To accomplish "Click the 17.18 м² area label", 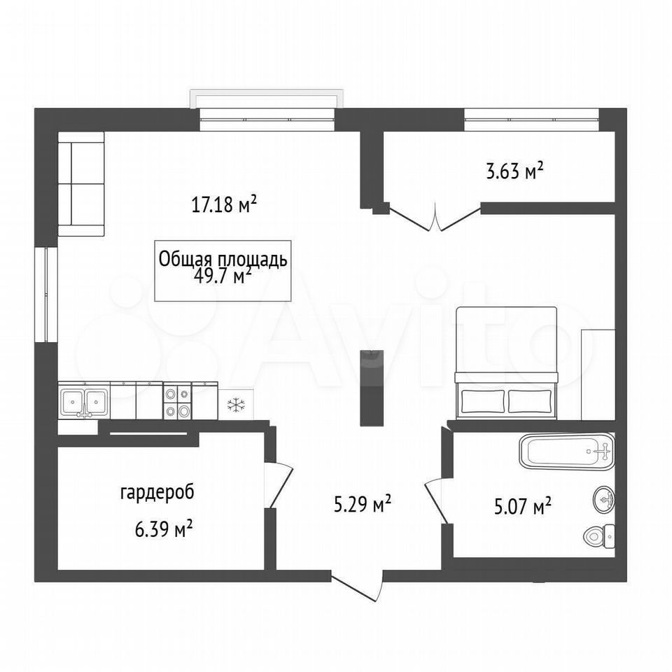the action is (224, 204).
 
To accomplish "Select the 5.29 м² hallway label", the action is (362, 503).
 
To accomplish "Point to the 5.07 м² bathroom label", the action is (522, 507).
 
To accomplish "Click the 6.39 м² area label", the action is (163, 530).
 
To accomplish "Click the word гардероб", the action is (157, 492).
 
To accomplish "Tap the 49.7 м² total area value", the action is (223, 276).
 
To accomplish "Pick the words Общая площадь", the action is (223, 259).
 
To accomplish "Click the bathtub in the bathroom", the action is (566, 451).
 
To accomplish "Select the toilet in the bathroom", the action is (599, 535).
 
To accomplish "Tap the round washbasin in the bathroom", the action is (604, 499).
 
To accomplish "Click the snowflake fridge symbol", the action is (235, 405).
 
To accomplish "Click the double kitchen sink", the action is (84, 401).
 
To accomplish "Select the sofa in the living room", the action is (81, 184).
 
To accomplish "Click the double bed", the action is (507, 363).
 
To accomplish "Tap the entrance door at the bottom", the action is (356, 586).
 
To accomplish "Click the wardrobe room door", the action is (279, 486).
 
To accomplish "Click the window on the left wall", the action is (46, 295).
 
